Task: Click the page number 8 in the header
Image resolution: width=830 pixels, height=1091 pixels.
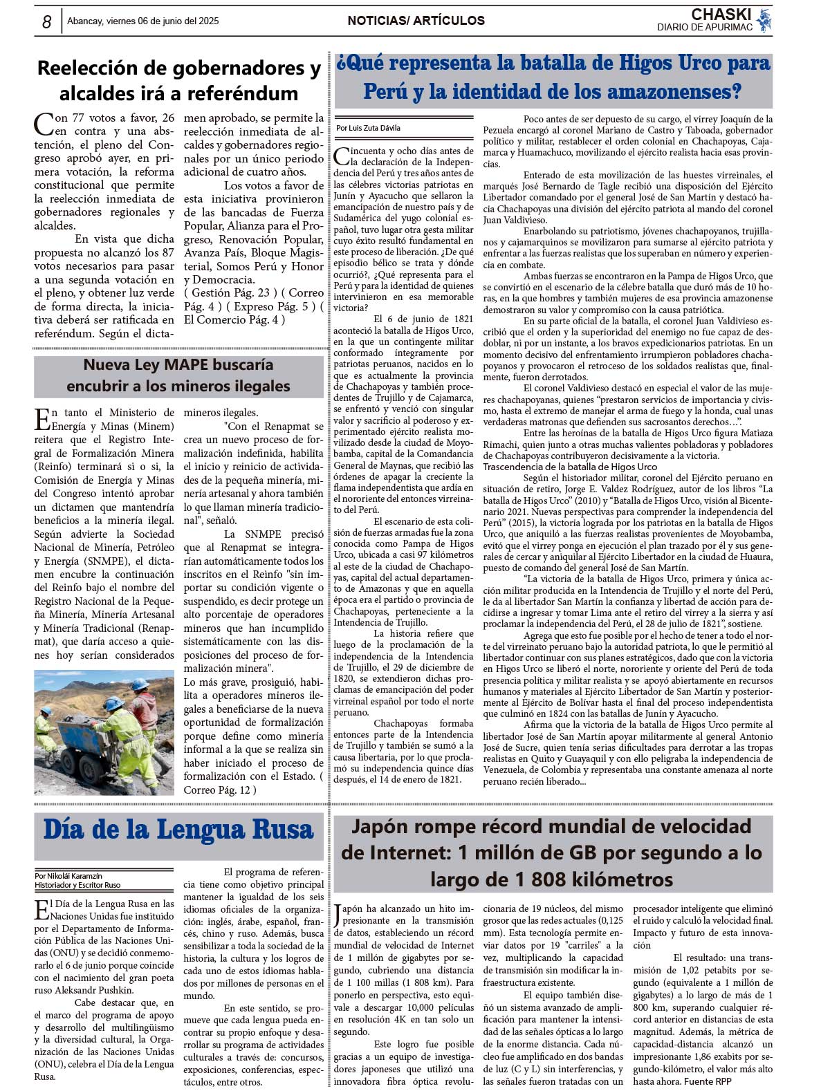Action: pos(46,22)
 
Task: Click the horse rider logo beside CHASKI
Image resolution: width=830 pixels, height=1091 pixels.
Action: pos(764,20)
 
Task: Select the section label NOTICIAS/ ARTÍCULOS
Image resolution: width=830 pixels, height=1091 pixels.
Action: pos(416,21)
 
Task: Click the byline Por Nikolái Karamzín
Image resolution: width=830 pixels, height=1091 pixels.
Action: pos(68,875)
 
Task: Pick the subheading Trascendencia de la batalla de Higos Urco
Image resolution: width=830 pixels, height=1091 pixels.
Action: pos(569,467)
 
